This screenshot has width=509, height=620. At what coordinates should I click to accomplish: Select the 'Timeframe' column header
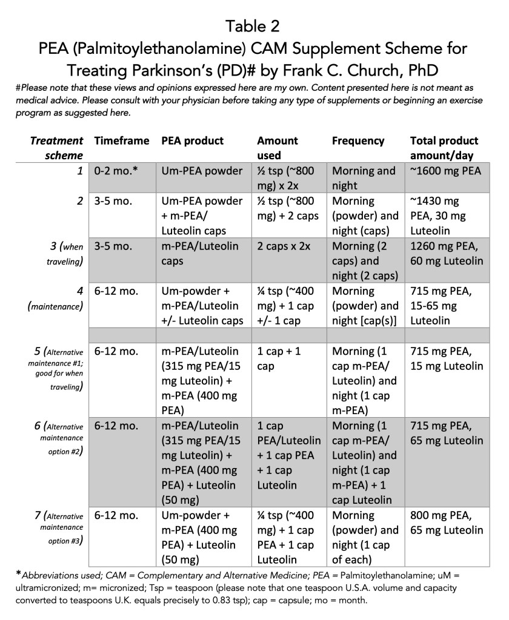[x=121, y=140]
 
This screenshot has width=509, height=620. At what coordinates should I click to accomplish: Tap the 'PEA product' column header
[x=192, y=140]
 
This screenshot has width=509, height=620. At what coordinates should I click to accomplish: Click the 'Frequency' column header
[x=358, y=140]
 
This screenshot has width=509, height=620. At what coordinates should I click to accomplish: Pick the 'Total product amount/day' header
[x=444, y=148]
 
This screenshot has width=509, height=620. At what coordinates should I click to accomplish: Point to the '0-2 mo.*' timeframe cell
[x=116, y=171]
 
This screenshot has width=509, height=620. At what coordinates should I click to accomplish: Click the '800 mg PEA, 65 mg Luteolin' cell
[x=447, y=523]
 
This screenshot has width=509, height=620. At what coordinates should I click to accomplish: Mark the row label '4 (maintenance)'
[x=56, y=298]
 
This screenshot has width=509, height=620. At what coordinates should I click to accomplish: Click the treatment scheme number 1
[x=80, y=171]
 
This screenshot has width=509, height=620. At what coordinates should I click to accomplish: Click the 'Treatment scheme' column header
[x=56, y=148]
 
